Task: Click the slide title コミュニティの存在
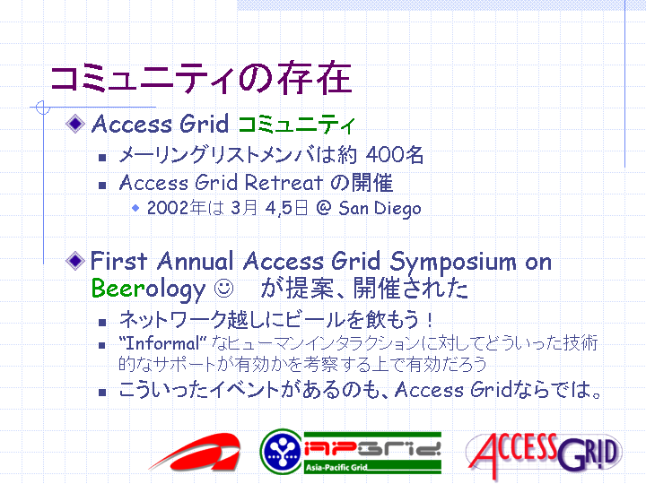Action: [x=201, y=77]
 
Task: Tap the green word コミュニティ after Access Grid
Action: [x=296, y=125]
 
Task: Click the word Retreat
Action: [x=284, y=183]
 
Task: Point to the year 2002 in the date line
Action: [x=168, y=208]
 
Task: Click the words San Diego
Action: [x=380, y=209]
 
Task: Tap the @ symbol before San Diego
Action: [x=324, y=208]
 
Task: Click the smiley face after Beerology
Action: [x=223, y=289]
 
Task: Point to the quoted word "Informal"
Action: [x=162, y=343]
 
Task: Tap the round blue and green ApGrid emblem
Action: [x=282, y=452]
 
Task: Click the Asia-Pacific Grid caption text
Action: [x=336, y=468]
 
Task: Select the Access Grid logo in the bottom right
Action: [x=544, y=454]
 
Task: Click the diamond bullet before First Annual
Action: [x=75, y=261]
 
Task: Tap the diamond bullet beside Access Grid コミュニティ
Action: [x=75, y=124]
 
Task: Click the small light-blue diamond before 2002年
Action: [x=135, y=208]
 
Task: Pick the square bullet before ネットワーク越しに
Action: [x=102, y=323]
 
